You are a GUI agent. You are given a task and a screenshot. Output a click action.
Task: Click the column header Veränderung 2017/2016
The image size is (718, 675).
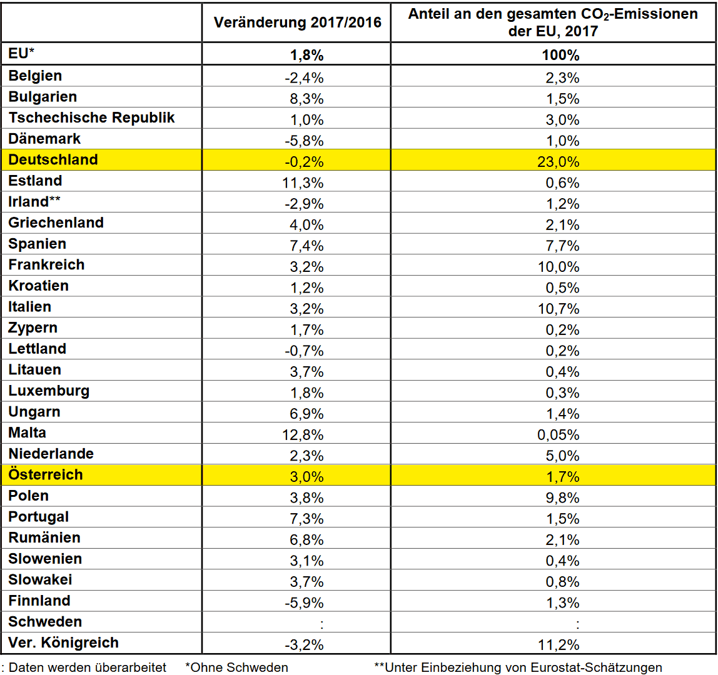coord(297,22)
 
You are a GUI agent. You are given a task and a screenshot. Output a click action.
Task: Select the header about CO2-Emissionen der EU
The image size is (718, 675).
coord(553,22)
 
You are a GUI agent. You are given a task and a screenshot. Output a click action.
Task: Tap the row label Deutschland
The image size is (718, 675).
coord(53,160)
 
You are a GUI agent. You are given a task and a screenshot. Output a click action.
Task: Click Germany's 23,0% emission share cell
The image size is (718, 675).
coord(558,162)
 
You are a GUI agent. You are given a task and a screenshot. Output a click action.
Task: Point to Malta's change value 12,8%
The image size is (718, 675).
coord(303,435)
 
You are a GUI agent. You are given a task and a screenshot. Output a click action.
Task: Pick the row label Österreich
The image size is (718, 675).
coord(46,474)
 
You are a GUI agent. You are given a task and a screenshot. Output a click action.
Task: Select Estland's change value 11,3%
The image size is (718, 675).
coord(303,183)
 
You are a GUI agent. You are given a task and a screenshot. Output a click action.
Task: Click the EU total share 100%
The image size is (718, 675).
coord(560,56)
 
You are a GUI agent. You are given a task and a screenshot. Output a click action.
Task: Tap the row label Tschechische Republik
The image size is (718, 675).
coord(91,117)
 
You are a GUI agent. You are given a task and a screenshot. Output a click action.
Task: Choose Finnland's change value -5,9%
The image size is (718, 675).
coord(304,602)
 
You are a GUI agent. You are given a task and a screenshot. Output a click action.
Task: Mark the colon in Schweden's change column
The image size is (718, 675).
coord(322,624)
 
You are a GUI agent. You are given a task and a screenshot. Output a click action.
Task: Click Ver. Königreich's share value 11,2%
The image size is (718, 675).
coord(558,645)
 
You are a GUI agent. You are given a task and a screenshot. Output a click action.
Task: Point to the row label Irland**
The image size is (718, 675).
coord(34,201)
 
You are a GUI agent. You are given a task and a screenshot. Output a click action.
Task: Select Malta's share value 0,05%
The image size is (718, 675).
coord(558,435)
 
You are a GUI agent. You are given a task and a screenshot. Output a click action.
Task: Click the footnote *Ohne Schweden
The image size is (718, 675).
coord(237,667)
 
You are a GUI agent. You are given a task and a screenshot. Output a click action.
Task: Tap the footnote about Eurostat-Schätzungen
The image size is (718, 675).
coord(518,667)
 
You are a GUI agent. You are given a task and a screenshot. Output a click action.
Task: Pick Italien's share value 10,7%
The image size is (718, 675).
coord(558,309)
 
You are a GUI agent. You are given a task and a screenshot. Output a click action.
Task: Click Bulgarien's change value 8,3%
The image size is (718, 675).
coord(306,99)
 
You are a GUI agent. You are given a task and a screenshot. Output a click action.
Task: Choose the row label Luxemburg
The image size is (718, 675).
coord(49,391)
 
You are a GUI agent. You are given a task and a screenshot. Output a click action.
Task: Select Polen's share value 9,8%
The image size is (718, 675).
coord(562,498)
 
